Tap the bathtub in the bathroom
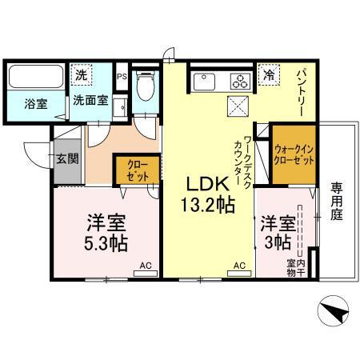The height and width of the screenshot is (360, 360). click(36, 78)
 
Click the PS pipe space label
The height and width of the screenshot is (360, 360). click(122, 78)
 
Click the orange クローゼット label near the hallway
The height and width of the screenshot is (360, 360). click(137, 170)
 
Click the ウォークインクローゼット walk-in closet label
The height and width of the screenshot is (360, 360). click(292, 152)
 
